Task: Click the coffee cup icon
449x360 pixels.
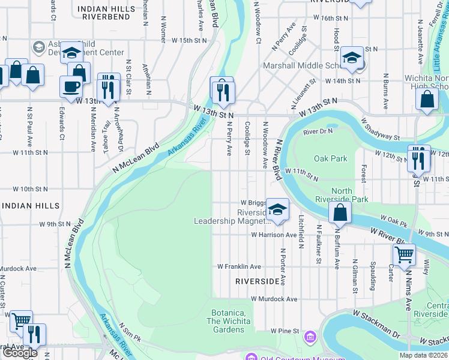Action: (71, 86)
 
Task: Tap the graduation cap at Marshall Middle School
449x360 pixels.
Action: (352, 59)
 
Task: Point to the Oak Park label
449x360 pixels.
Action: (331, 158)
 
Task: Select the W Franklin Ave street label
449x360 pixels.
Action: (239, 266)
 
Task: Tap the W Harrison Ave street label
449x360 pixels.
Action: (274, 235)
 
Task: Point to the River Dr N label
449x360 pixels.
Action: (318, 131)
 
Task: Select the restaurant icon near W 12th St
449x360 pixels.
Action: (419, 158)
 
